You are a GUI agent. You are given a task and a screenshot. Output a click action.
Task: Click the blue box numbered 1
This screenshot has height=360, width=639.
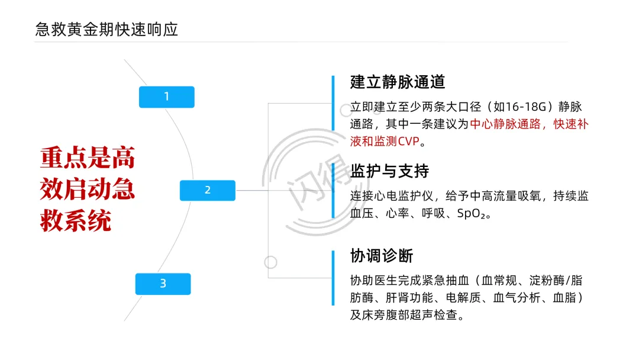[166, 97]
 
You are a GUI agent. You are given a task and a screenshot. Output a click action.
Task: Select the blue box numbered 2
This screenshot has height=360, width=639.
[208, 190]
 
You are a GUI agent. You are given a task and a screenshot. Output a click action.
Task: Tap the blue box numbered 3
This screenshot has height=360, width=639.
[163, 284]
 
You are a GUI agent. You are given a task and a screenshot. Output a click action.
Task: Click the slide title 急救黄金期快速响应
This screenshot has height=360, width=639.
[106, 30]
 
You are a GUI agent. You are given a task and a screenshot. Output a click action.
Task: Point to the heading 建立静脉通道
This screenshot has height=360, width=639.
[398, 82]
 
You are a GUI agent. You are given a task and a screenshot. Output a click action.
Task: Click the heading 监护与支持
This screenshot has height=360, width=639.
[389, 171]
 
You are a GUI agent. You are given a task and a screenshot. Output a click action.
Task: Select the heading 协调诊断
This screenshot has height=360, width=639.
[382, 256]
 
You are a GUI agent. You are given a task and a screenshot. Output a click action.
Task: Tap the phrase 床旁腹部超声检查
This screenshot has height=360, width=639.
[410, 315]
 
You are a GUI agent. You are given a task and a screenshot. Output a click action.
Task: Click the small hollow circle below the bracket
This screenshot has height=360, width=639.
[270, 261]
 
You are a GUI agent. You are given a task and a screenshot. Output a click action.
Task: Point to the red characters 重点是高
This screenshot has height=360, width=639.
[88, 158]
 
